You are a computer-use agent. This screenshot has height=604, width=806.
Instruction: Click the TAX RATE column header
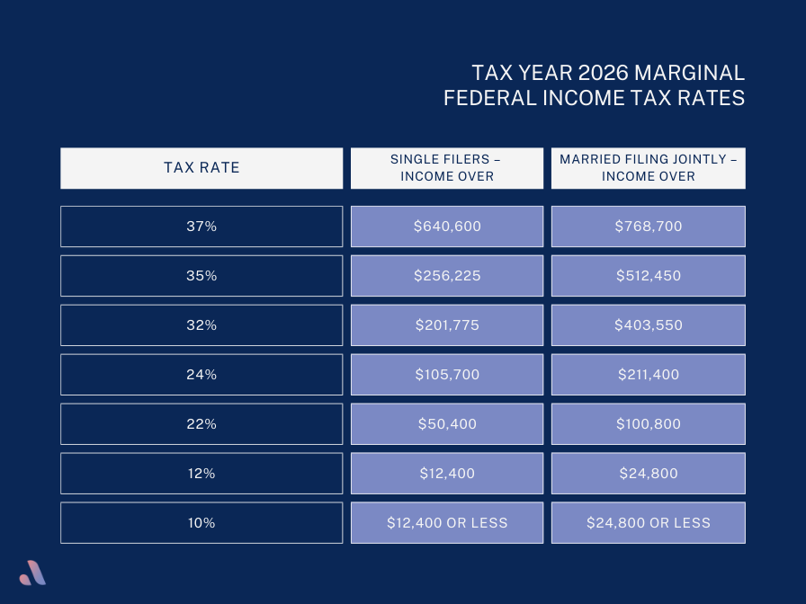pyautogui.click(x=201, y=168)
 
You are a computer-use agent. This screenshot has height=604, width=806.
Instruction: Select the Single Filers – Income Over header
pyautogui.click(x=447, y=168)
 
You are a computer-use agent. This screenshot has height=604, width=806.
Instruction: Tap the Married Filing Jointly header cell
pyautogui.click(x=649, y=168)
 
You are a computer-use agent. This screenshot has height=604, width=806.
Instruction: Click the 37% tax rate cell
pyautogui.click(x=201, y=226)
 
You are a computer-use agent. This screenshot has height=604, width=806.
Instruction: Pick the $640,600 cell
pyautogui.click(x=447, y=226)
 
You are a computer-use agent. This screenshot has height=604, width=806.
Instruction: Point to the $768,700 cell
pyautogui.click(x=649, y=226)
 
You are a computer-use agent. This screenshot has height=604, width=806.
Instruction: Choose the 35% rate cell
pyautogui.click(x=201, y=276)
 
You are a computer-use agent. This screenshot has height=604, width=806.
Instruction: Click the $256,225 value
pyautogui.click(x=447, y=276)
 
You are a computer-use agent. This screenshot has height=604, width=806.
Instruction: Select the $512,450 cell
pyautogui.click(x=649, y=276)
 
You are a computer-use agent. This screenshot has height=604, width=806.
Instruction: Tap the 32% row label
pyautogui.click(x=201, y=325)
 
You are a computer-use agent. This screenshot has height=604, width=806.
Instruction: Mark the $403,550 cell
pyautogui.click(x=649, y=325)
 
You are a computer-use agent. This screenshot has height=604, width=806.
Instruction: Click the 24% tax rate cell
pyautogui.click(x=201, y=375)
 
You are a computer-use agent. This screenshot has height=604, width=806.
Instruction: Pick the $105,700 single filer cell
pyautogui.click(x=447, y=375)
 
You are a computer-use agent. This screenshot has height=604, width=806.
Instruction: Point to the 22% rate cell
pyautogui.click(x=201, y=424)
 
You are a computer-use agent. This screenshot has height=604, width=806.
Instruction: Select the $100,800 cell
pyautogui.click(x=649, y=424)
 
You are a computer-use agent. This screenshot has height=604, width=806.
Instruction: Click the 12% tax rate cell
pyautogui.click(x=201, y=474)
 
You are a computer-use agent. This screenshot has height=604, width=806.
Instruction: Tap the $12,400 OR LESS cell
pyautogui.click(x=447, y=523)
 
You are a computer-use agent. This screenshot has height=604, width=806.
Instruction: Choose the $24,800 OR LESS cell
pyautogui.click(x=649, y=523)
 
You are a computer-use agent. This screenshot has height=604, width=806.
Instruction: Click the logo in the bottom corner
pyautogui.click(x=33, y=572)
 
